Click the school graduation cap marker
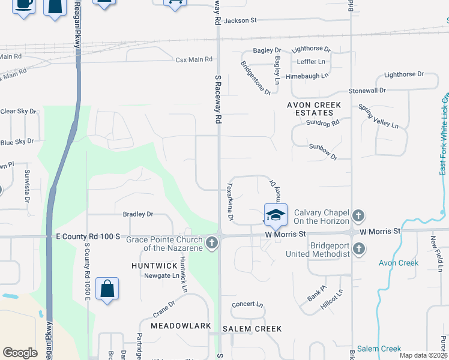pyautogui.click(x=276, y=215)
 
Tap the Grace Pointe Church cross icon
pyautogui.click(x=211, y=243)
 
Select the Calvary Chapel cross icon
pyautogui.click(x=358, y=215)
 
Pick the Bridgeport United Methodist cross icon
pyautogui.click(x=358, y=248)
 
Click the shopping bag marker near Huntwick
pyautogui.click(x=107, y=289)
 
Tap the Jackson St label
pyautogui.click(x=240, y=20)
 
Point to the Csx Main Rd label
pyautogui.click(x=194, y=59)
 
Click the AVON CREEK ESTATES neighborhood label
pyautogui.click(x=314, y=109)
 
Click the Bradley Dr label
pyautogui.click(x=138, y=214)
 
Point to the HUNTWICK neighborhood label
pyautogui.click(x=154, y=265)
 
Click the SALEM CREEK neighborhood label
pyautogui.click(x=252, y=329)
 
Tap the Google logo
pyautogui.click(x=20, y=352)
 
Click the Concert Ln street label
pyautogui.click(x=247, y=304)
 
